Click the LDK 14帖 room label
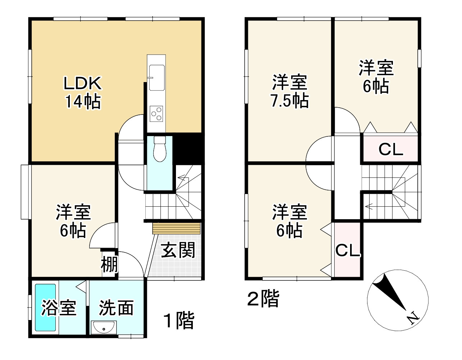click(x=83, y=93)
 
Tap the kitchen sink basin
click(x=157, y=78)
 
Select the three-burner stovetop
click(x=156, y=114)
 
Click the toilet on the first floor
click(x=160, y=149)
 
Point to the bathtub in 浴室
click(x=45, y=308)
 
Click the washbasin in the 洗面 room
click(x=104, y=328)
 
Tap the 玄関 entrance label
click(x=178, y=250)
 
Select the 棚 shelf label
click(x=109, y=265)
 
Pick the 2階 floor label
click(x=263, y=298)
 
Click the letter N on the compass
click(x=413, y=318)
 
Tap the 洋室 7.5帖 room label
click(x=290, y=91)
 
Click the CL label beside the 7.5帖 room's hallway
click(x=391, y=150)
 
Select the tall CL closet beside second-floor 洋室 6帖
click(x=348, y=249)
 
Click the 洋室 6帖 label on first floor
click(x=73, y=221)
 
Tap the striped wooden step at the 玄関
click(x=176, y=228)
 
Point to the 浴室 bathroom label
click(x=59, y=308)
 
